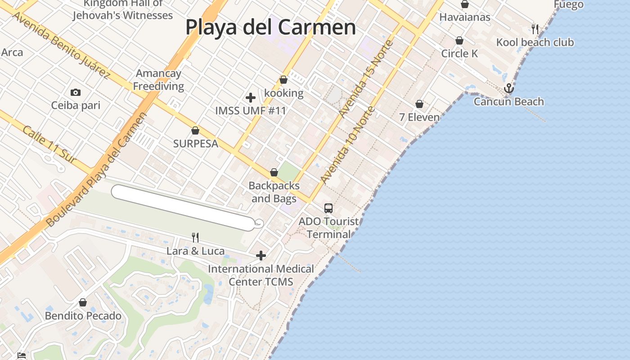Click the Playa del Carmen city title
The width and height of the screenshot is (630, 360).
270,27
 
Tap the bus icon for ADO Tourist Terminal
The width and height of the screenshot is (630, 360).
328,208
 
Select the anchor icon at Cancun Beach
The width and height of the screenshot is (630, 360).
508,88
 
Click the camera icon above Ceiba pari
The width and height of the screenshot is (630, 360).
76,93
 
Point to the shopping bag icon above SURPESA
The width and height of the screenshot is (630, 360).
195,131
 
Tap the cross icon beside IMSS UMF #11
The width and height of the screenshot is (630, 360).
251,98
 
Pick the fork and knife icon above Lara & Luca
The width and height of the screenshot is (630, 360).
195,237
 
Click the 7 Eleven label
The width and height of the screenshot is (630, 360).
419,117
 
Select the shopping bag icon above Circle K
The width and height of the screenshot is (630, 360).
459,41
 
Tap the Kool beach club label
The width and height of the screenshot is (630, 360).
535,42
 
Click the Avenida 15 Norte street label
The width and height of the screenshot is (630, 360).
366,80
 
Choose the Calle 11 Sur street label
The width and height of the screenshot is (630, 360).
49,144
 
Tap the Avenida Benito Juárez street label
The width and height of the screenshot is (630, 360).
60,45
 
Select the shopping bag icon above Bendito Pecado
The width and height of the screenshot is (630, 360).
83,302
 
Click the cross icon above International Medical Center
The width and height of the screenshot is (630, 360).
261,256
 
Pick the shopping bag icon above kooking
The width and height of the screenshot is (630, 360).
283,80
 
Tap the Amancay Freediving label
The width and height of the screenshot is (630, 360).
158,80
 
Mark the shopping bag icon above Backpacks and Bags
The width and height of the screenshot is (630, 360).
274,173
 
